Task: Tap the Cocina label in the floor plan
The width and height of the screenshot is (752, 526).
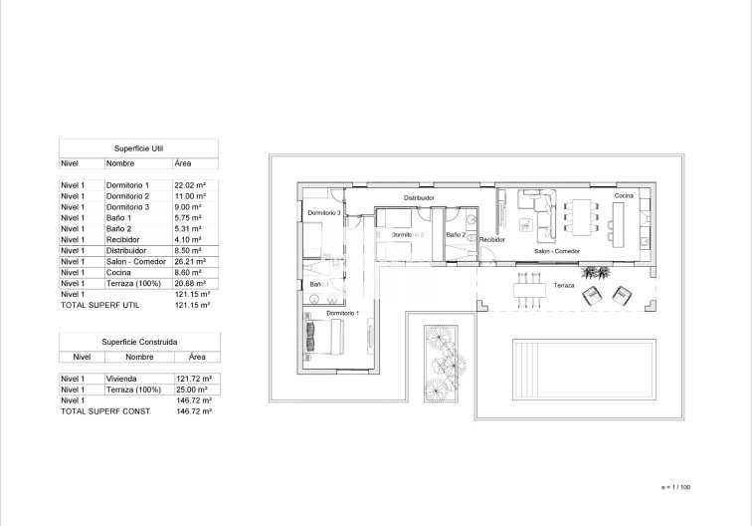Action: click(x=623, y=196)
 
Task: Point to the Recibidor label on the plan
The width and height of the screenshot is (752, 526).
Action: click(x=493, y=240)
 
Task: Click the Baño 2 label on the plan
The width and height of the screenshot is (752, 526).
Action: click(x=456, y=235)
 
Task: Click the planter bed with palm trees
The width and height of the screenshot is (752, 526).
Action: click(x=439, y=364)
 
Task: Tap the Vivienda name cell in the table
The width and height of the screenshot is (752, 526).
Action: click(x=121, y=379)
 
